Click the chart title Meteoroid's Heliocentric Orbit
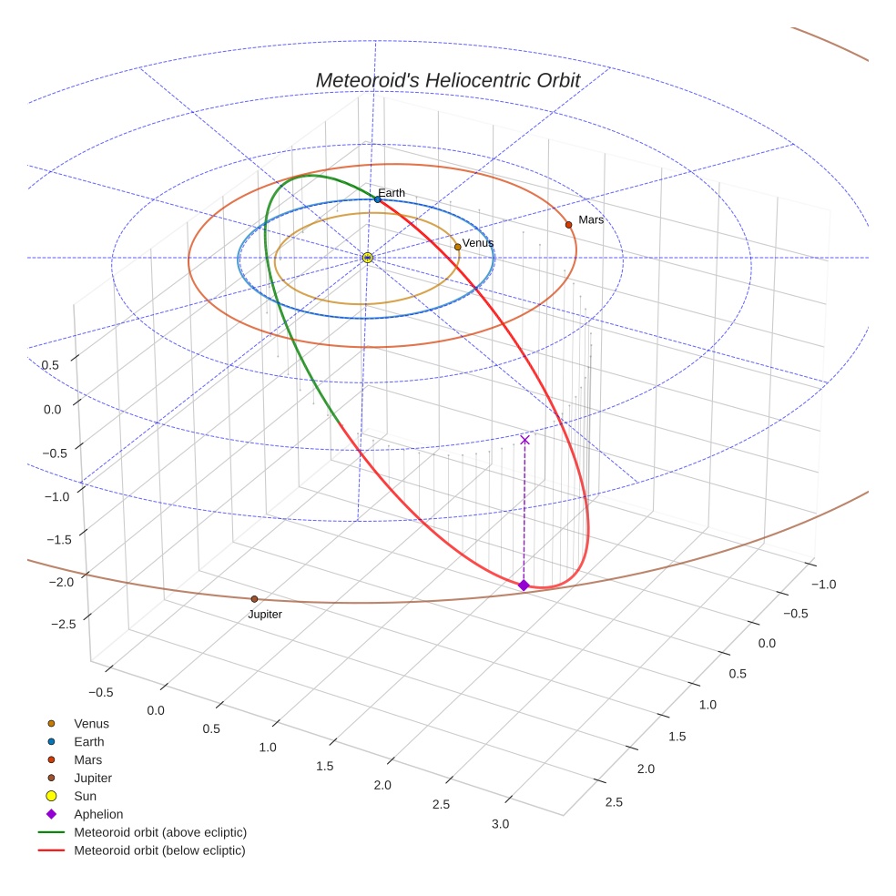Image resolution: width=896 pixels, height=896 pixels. point(447,80)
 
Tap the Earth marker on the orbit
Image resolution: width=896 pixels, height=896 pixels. point(377,199)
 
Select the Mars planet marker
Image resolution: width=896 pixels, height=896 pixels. point(568,224)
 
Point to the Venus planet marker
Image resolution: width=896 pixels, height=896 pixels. point(457,247)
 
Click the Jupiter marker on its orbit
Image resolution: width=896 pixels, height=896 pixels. point(254,598)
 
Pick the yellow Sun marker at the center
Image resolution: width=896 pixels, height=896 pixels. point(367,258)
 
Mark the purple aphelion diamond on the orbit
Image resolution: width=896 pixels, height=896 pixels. point(524,585)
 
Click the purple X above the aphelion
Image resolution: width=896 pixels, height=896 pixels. point(524,440)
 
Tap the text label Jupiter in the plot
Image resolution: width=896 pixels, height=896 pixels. point(265,615)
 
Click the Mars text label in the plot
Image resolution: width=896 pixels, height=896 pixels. point(591,219)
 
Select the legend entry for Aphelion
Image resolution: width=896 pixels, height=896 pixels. point(98,814)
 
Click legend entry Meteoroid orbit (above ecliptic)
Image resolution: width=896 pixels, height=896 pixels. point(160,832)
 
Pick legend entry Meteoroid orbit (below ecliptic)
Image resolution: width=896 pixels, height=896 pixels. point(159,850)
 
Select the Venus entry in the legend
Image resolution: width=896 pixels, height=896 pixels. point(91,723)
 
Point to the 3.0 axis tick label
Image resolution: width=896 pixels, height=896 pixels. point(500,824)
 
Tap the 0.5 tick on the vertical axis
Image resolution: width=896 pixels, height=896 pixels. point(51,365)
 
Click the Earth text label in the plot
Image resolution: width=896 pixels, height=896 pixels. point(392,193)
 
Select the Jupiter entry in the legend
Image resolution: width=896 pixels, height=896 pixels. point(93,778)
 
